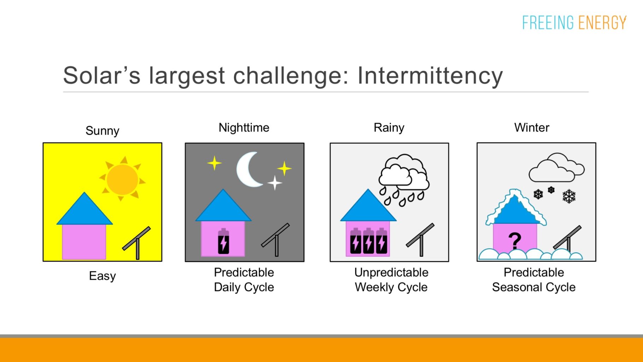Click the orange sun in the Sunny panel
click(122, 179)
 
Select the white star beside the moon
click(275, 183)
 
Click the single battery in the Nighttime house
click(223, 242)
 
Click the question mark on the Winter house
click(515, 241)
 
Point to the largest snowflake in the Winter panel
click(569, 196)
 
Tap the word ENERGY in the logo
click(602, 23)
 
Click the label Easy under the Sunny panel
click(102, 276)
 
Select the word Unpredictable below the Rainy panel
click(391, 272)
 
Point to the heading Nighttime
click(244, 128)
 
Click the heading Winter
click(532, 128)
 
